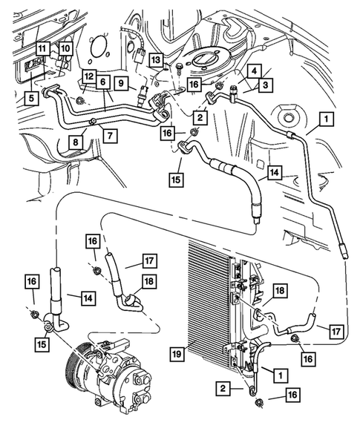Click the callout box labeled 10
65,48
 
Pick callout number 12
88,76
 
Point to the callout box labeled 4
254,72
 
